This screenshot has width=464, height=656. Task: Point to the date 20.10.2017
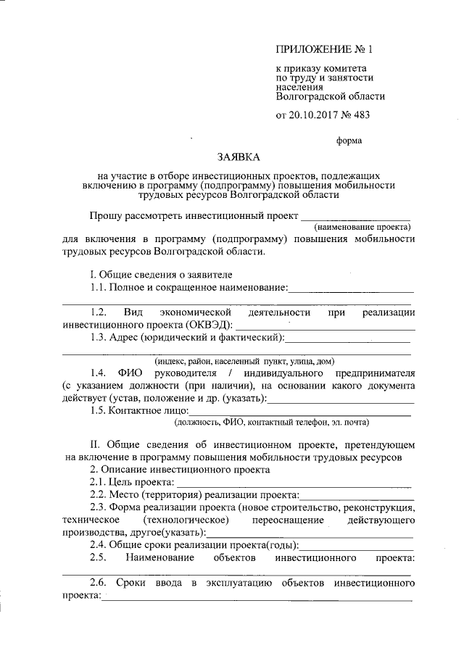(314, 115)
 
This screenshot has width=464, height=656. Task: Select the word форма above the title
(349, 141)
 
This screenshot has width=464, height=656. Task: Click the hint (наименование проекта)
(357, 227)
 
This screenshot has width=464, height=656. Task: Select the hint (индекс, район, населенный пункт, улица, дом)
(244, 361)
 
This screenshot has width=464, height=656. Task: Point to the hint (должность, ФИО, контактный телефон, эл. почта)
(271, 422)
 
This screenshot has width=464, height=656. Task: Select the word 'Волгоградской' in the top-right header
(310, 95)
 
